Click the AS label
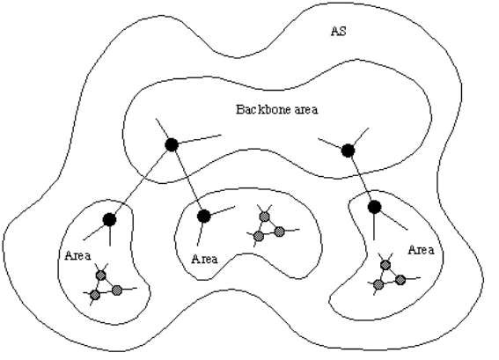click(338, 31)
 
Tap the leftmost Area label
click(78, 255)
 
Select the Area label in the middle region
click(205, 259)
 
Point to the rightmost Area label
click(421, 250)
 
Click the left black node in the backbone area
click(172, 145)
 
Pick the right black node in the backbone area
click(348, 151)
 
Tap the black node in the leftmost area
click(110, 219)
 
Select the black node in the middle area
click(204, 217)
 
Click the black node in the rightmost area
click(375, 207)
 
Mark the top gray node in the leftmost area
click(101, 275)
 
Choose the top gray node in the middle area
click(264, 217)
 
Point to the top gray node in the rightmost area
click(385, 265)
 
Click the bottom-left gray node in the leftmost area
click(95, 295)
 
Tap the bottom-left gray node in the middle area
click(259, 236)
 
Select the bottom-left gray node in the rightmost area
click(378, 284)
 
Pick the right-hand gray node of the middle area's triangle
click(279, 231)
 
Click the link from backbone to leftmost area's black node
click(141, 182)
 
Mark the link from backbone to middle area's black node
click(187, 180)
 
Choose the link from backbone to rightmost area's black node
click(361, 179)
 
